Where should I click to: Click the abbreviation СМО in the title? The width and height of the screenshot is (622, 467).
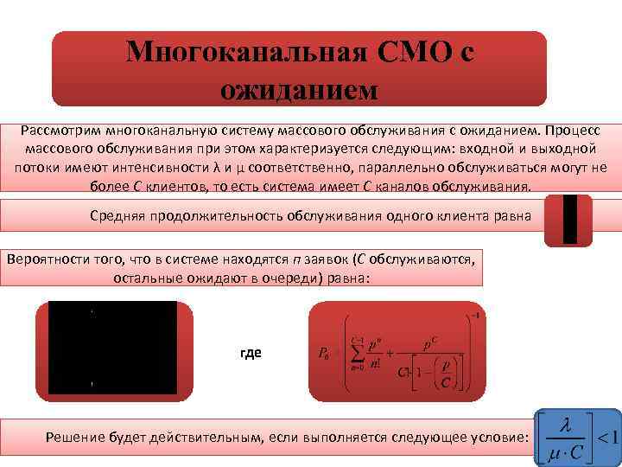click(x=413, y=52)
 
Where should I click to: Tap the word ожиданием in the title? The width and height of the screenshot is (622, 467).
click(x=299, y=87)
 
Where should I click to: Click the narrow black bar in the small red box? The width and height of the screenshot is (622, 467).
click(x=569, y=220)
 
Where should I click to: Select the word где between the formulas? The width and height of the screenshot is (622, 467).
click(x=251, y=353)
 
